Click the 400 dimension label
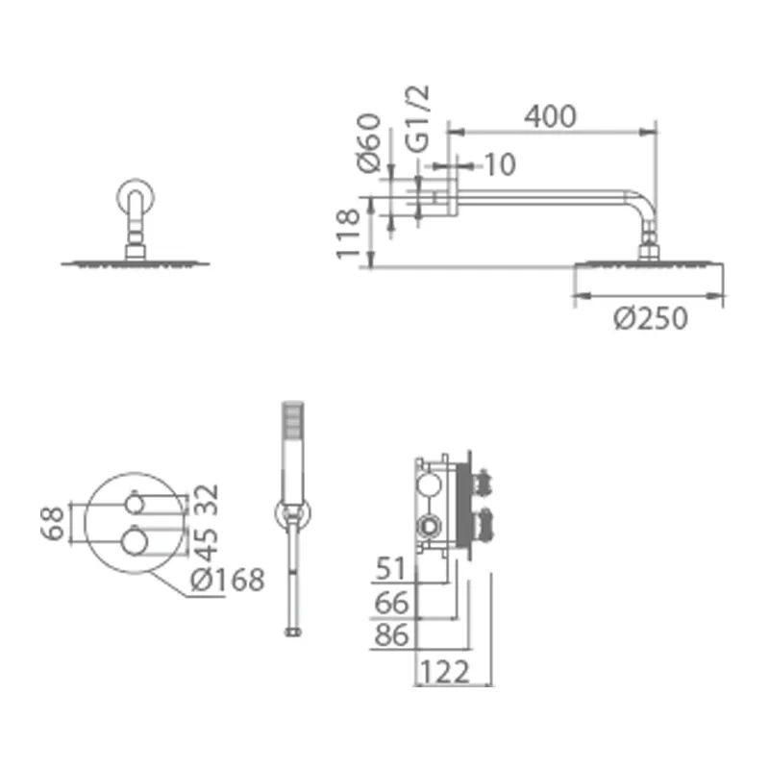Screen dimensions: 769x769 coord(550,116)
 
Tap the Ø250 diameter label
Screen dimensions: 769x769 coord(651,318)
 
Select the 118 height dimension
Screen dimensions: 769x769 coord(348,234)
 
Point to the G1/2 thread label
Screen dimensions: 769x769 coord(417,118)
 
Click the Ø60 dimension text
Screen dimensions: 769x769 coord(369,143)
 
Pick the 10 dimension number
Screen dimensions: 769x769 coord(500,164)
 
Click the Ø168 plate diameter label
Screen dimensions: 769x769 coord(227,580)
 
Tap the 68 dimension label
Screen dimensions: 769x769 coord(53,523)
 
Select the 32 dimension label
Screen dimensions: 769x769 coord(206,500)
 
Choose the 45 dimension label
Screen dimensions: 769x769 coord(206,544)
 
